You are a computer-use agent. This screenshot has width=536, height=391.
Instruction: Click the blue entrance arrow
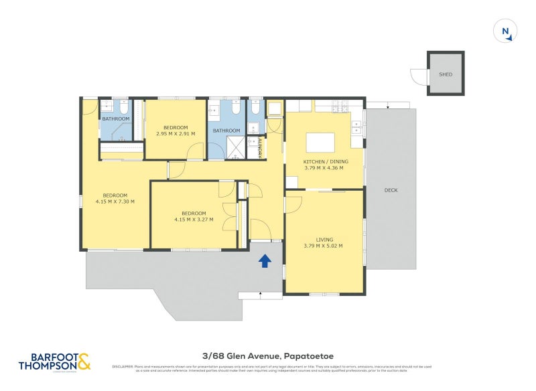click(265, 261)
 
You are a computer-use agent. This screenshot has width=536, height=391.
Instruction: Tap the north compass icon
click(505, 31)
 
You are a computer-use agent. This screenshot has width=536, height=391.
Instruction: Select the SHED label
click(445, 74)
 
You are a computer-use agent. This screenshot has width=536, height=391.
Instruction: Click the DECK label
click(391, 190)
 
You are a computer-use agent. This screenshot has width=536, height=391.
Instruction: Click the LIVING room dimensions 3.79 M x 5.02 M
click(323, 246)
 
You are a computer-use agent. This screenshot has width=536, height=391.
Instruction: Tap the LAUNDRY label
click(260, 147)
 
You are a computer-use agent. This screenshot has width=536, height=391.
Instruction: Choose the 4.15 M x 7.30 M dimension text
click(115, 202)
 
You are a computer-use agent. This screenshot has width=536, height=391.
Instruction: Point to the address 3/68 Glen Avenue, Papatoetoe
click(267, 356)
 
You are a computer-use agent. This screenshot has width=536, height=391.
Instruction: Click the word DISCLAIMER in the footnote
click(123, 366)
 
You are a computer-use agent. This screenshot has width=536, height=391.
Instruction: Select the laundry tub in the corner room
click(275, 108)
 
